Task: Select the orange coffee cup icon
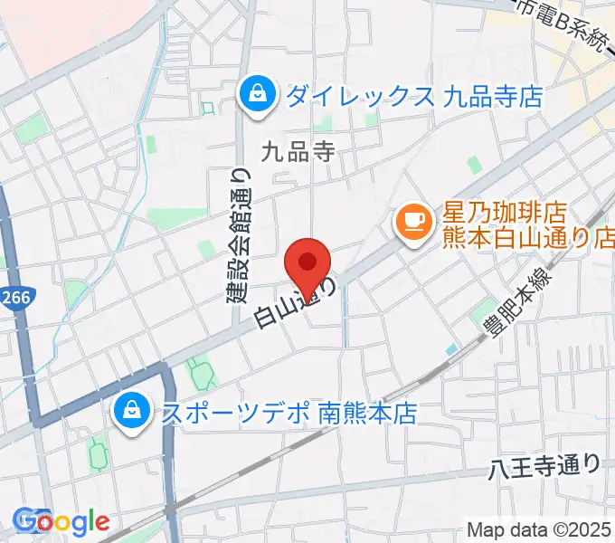coord(415,222)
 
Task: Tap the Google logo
coord(61,522)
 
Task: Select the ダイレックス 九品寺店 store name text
coord(413,95)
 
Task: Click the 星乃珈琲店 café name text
coord(504,214)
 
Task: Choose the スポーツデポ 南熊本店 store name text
coord(288,414)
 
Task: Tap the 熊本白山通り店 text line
coord(528,239)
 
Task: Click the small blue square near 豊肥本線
coord(451,348)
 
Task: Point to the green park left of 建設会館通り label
coord(206,248)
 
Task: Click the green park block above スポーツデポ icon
coord(198,371)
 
